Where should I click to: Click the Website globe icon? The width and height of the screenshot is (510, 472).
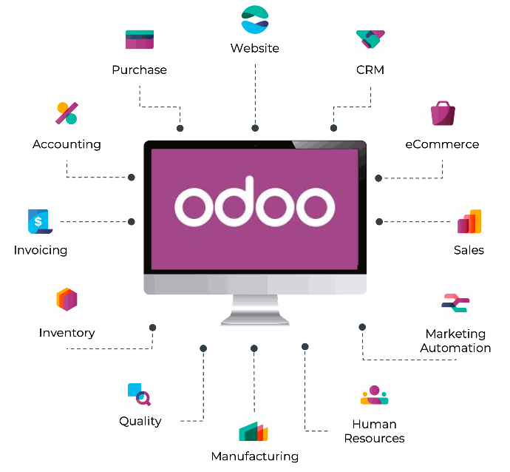[x=255, y=19]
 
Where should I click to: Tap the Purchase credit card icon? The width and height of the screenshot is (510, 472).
[x=140, y=39]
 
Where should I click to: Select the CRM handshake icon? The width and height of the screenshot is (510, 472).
[x=370, y=39]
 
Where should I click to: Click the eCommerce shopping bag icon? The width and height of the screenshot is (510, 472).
[x=443, y=113]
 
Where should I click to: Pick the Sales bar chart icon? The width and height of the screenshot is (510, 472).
[x=469, y=221]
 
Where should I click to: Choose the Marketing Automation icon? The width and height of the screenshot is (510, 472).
[x=455, y=303]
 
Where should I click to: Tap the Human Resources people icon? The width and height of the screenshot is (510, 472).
[x=374, y=395]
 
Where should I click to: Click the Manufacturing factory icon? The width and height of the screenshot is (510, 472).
[x=254, y=431]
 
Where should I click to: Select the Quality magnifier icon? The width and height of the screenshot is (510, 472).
[x=140, y=394]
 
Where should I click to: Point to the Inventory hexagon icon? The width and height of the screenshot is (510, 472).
[x=67, y=299]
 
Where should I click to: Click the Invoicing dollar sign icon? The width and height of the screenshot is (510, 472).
[x=40, y=221]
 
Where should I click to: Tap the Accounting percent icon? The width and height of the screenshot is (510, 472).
[x=67, y=113]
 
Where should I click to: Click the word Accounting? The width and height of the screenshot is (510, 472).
[x=67, y=144]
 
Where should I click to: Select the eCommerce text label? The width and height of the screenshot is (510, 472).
[x=442, y=144]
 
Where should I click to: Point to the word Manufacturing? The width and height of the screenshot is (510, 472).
[x=255, y=456]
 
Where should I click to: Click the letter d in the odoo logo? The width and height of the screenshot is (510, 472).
[x=234, y=201]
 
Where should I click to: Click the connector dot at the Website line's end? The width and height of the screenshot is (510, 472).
[x=255, y=128]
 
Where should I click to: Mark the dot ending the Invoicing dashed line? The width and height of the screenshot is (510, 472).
[x=132, y=222]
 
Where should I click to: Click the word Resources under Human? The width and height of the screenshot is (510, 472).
[x=374, y=439]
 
